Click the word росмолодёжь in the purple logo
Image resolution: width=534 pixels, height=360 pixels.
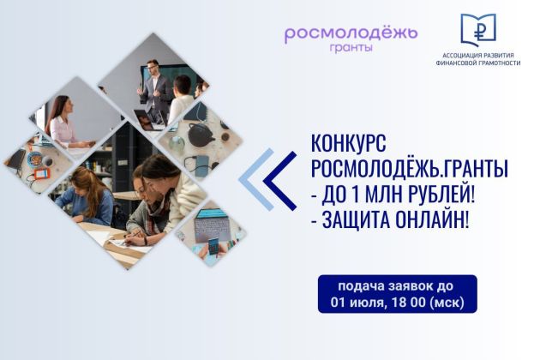[351, 33]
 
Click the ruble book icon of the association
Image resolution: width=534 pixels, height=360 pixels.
[477, 30]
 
